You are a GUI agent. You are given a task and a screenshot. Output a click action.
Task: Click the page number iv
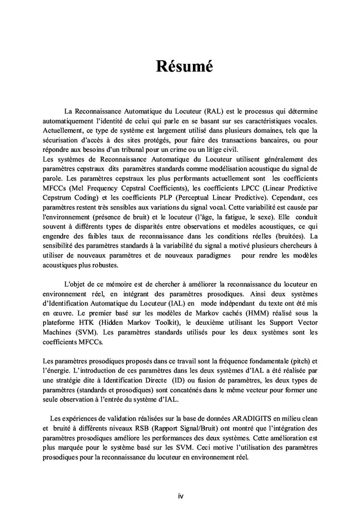coord(181,496)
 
